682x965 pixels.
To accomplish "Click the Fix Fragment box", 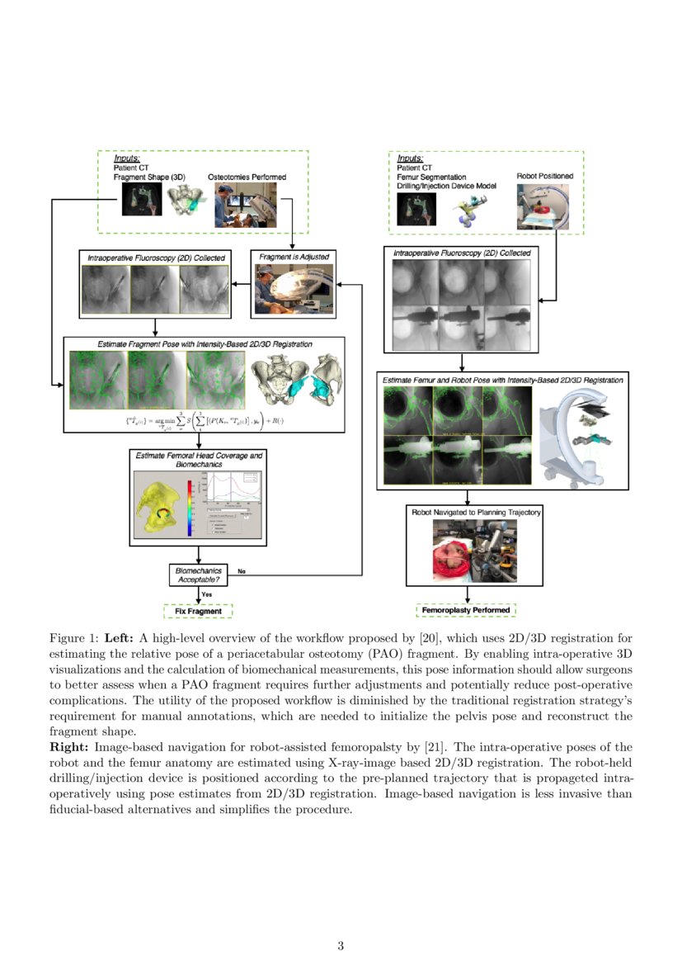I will (x=198, y=611).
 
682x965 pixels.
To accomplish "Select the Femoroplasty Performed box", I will (x=467, y=611).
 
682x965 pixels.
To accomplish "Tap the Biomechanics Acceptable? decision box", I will (x=198, y=575).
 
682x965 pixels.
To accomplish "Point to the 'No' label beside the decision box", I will (x=242, y=570).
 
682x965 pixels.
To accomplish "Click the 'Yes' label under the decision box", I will (x=207, y=594).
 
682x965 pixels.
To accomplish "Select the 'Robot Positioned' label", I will (x=544, y=176).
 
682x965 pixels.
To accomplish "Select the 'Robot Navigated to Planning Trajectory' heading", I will (x=476, y=512).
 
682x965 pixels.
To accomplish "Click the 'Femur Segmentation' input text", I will (x=431, y=177).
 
